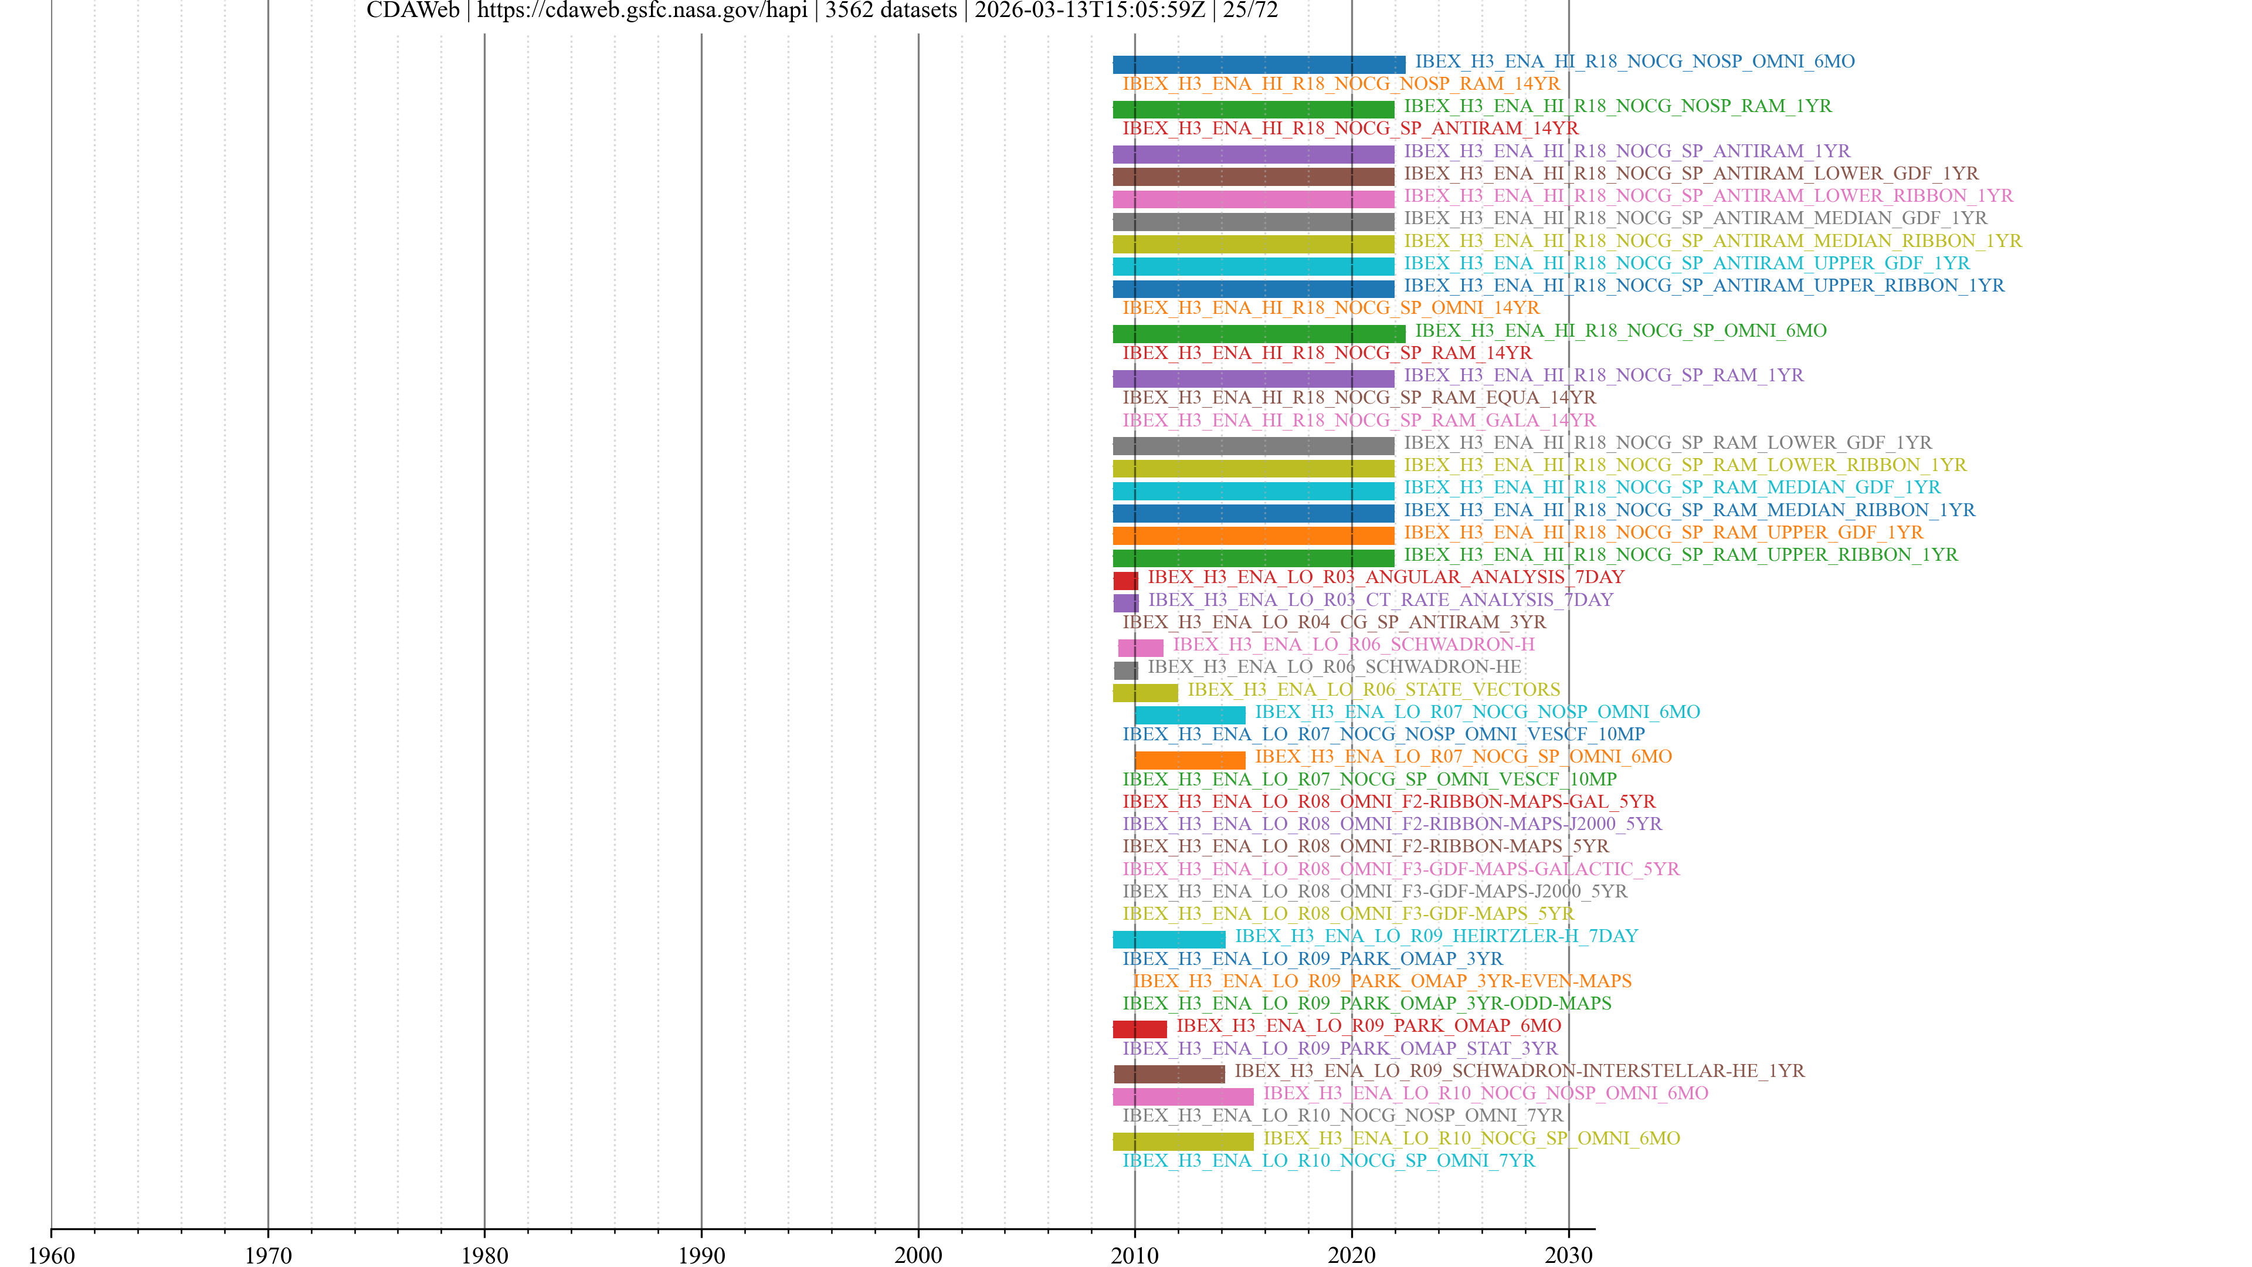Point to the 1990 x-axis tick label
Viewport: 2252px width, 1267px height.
701,1255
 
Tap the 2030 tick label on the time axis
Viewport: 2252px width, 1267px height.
1568,1255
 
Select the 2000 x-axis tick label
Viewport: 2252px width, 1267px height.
918,1255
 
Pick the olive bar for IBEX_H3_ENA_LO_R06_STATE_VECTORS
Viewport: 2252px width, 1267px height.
1145,693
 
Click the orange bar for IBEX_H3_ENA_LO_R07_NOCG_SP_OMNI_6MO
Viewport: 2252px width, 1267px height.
1190,760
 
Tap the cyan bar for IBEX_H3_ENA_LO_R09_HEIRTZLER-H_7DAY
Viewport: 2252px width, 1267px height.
1169,939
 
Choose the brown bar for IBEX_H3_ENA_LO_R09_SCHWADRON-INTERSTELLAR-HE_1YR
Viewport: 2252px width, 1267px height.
1169,1074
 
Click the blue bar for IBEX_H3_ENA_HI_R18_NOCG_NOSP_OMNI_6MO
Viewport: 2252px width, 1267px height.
1259,65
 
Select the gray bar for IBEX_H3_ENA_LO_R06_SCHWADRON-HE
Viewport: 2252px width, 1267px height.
1125,670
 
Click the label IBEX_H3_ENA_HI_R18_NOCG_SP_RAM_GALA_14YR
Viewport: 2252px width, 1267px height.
1359,420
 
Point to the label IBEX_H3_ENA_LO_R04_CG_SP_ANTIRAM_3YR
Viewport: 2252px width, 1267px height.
1333,622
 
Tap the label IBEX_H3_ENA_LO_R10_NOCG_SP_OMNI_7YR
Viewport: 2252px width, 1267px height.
1328,1160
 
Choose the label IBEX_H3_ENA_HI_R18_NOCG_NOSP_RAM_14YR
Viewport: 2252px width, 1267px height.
1340,84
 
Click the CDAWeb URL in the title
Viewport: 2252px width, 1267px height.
642,11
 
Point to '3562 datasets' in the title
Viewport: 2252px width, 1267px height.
890,11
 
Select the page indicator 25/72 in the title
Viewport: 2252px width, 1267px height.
1250,11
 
